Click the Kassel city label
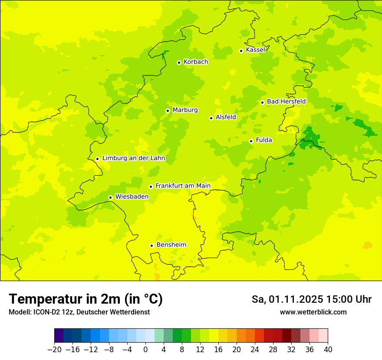pyautogui.click(x=255, y=50)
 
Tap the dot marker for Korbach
pyautogui.click(x=179, y=62)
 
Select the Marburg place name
pyautogui.click(x=185, y=110)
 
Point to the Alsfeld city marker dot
pyautogui.click(x=211, y=118)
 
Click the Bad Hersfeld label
pyautogui.click(x=286, y=101)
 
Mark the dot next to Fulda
pyautogui.click(x=251, y=141)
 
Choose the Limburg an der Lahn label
pyautogui.click(x=133, y=158)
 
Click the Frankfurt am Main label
pyautogui.click(x=183, y=186)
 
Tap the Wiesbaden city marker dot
pyautogui.click(x=111, y=197)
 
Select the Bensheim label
pyautogui.click(x=171, y=245)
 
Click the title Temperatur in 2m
pyautogui.click(x=86, y=299)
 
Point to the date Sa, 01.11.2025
pyautogui.click(x=287, y=299)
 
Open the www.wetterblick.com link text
pyautogui.click(x=313, y=312)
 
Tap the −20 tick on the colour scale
pyautogui.click(x=54, y=350)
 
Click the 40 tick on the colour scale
pyautogui.click(x=328, y=350)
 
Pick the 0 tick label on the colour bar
pyautogui.click(x=145, y=350)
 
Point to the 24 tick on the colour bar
pyautogui.click(x=255, y=350)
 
